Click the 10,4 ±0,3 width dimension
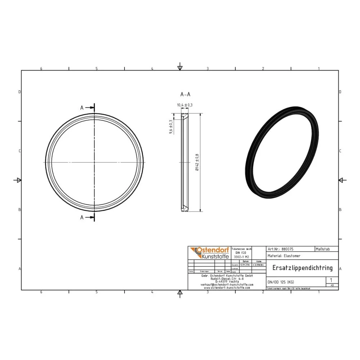click(185, 105)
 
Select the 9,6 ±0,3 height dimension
click(171, 127)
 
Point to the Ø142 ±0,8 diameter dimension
click(197, 163)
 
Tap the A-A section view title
click(185, 94)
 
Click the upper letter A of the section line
click(82, 108)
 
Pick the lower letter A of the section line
click(82, 217)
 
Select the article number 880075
click(287, 249)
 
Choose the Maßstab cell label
click(323, 249)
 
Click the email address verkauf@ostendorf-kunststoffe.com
click(227, 284)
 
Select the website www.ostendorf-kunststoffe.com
click(227, 288)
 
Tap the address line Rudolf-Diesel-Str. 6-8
click(227, 278)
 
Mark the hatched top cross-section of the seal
click(184, 117)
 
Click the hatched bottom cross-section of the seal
click(184, 208)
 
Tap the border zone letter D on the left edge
click(19, 92)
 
